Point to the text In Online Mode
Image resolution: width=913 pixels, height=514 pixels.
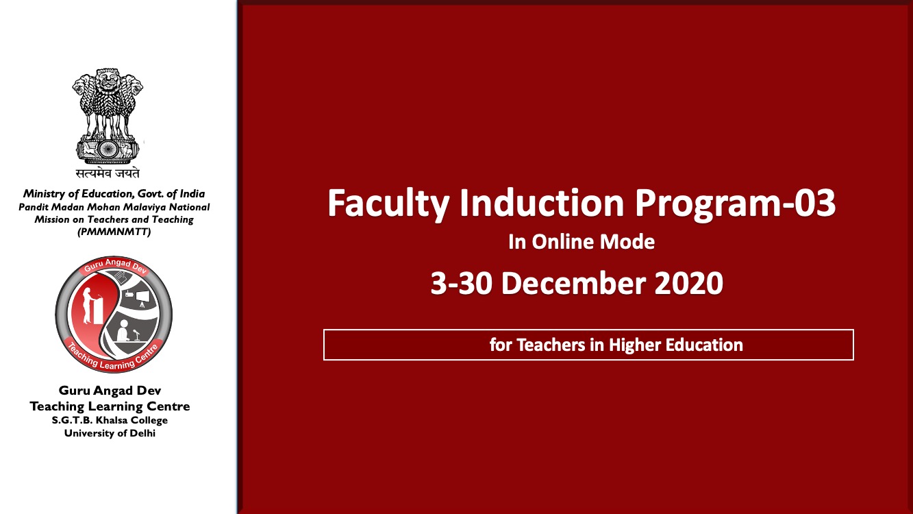click(x=581, y=242)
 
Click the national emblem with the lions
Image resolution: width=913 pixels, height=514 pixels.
click(x=108, y=113)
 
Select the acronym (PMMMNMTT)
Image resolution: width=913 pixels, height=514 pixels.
click(x=114, y=232)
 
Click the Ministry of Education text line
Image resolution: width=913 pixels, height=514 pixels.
click(x=114, y=194)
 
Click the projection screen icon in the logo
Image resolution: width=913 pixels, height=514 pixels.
click(x=142, y=297)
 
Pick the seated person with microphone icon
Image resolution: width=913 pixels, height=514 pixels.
click(x=124, y=329)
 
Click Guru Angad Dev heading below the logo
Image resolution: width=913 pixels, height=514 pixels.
click(x=110, y=391)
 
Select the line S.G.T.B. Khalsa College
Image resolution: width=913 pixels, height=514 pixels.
click(x=110, y=420)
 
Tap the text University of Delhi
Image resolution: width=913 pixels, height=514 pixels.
click(x=110, y=433)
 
